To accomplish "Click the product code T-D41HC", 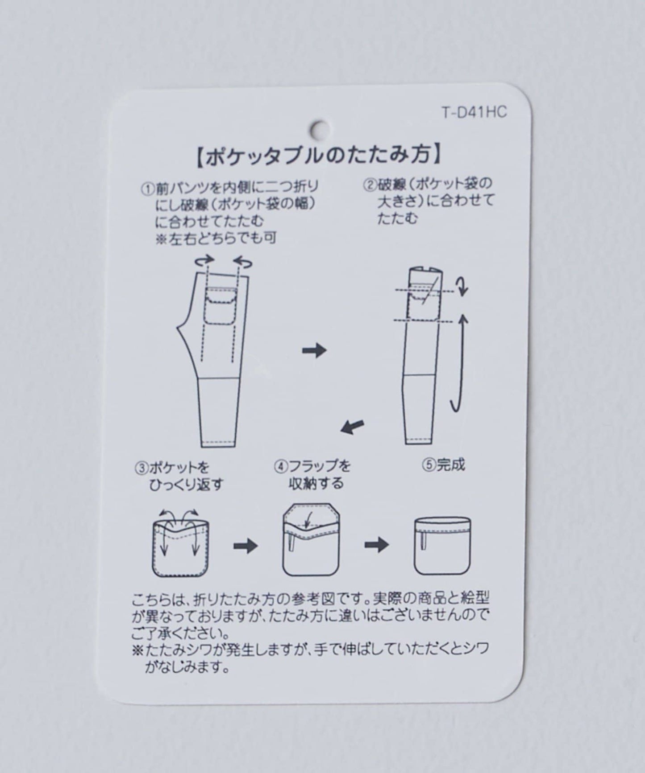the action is point(474,112).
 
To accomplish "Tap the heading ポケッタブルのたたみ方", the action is point(319,155).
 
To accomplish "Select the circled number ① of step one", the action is point(148,189).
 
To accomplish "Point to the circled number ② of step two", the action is point(370,185).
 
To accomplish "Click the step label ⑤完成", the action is point(444,465).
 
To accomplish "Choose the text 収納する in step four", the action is point(316,483).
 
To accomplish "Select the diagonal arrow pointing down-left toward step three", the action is point(353,427).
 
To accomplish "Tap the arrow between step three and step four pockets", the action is point(246,546).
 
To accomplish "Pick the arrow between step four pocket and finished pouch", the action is point(377,545).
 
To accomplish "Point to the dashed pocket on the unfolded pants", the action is point(221,307).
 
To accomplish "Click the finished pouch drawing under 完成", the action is point(442,547).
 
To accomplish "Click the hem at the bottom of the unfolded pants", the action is point(221,443).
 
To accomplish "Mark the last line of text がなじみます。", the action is point(187,668).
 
